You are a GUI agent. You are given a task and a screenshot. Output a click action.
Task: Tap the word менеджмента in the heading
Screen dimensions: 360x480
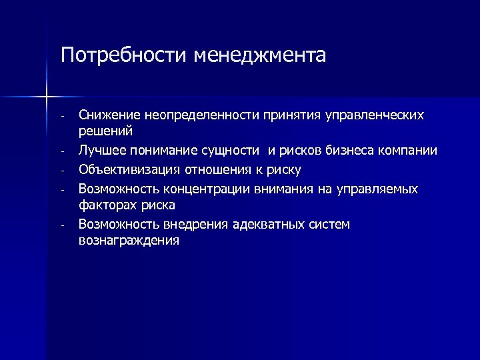coord(260,54)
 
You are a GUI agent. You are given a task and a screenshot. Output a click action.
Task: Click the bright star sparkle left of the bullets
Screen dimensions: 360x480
coord(47,98)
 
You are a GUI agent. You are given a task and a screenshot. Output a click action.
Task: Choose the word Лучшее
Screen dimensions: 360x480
coord(101,151)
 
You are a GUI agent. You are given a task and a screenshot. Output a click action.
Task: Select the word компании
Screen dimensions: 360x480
coord(410,151)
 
